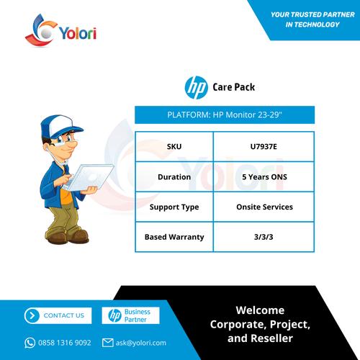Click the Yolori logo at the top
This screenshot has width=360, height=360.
pos(61,31)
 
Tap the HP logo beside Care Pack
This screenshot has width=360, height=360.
pos(196,88)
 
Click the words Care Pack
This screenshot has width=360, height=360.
pos(234,87)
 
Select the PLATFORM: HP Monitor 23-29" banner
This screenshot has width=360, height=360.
pos(225,114)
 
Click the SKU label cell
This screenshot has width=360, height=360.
pos(174,147)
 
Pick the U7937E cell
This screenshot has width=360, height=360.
pos(264,147)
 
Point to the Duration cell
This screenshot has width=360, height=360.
pos(174,177)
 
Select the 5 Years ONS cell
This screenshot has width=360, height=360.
pos(264,177)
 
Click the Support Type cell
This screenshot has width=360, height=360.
pos(174,207)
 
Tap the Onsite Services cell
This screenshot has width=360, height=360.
pos(264,207)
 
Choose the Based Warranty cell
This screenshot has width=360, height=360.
pos(174,237)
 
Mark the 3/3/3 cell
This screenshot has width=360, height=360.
pos(264,237)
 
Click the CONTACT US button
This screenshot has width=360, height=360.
pos(58,315)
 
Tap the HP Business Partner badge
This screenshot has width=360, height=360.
pos(130,315)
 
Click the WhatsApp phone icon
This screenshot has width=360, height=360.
pos(30,343)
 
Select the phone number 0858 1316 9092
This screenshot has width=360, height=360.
pos(65,343)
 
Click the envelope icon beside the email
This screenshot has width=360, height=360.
pos(107,343)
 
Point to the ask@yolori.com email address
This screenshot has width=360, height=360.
pos(141,343)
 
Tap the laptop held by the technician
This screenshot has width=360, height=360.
pos(90,177)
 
